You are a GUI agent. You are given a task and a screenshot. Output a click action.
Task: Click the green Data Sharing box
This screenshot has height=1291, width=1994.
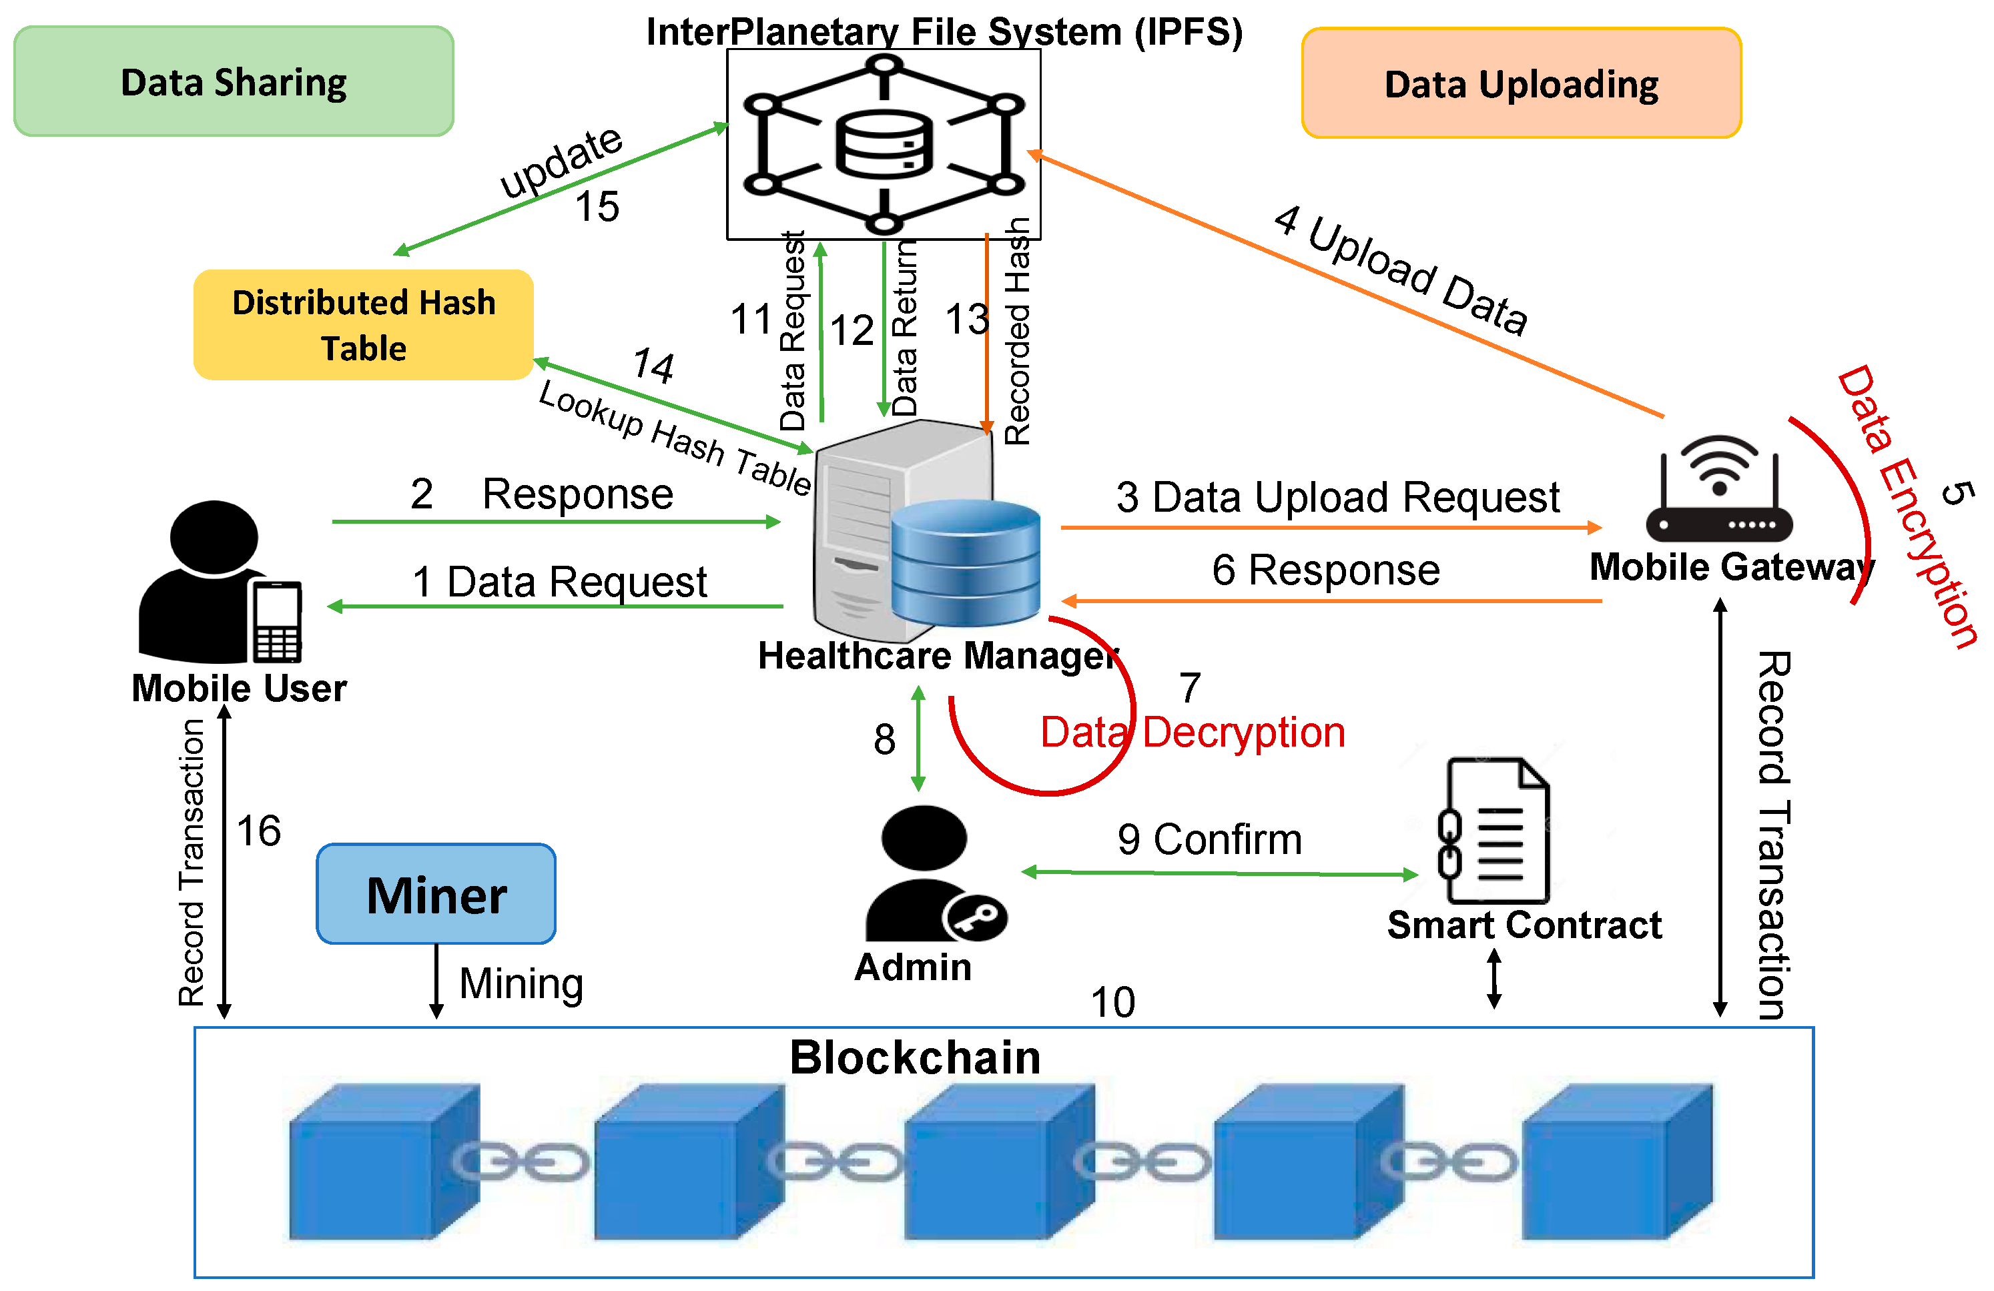[x=234, y=81]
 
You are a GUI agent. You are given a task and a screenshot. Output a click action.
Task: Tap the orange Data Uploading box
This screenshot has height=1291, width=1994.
[x=1521, y=83]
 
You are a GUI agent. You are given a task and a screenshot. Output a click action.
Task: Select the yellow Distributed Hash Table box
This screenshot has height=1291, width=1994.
[x=364, y=324]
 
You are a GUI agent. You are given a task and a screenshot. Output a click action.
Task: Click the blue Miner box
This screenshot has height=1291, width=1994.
[x=436, y=894]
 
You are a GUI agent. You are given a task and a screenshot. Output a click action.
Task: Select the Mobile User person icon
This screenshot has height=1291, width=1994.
[x=217, y=582]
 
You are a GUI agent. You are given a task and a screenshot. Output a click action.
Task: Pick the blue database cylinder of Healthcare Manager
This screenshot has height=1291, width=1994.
[x=965, y=563]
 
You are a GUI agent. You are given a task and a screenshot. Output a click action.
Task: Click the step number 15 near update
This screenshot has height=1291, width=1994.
[x=597, y=206]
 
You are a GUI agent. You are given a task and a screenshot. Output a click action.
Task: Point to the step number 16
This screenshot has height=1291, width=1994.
[x=259, y=831]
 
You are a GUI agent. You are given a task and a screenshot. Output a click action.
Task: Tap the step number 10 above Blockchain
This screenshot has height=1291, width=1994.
[x=1112, y=1002]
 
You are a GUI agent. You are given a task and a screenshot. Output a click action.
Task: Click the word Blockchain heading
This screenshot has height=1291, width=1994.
[x=915, y=1057]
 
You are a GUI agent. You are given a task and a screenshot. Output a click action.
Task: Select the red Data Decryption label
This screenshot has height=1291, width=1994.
[x=1193, y=732]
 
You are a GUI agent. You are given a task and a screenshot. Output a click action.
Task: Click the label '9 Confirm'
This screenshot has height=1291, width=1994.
[x=1209, y=839]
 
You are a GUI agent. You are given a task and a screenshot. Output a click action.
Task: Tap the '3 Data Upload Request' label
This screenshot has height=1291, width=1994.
[x=1337, y=497]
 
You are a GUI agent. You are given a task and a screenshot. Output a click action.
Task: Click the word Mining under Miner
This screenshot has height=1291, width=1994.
[x=521, y=983]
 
